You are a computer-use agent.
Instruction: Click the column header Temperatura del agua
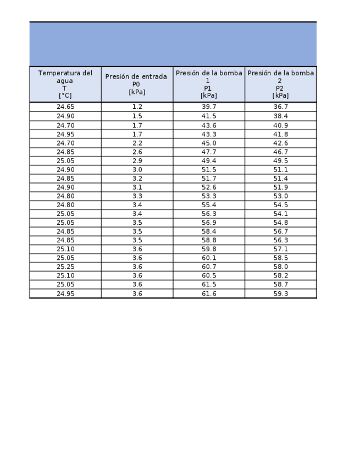coord(65,76)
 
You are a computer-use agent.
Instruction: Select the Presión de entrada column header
coord(136,76)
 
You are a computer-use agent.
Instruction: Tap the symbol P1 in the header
coord(208,88)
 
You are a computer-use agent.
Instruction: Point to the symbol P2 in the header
coord(280,88)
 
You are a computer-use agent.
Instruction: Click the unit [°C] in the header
coord(65,96)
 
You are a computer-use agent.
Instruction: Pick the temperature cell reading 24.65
coord(65,107)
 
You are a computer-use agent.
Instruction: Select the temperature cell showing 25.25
coord(65,267)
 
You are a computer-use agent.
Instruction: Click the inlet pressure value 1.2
coord(137,107)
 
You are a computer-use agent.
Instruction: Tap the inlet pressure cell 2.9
coord(137,161)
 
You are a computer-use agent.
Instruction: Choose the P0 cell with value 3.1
coord(137,187)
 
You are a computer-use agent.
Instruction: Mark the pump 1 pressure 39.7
coord(209,107)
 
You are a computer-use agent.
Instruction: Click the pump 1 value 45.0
coord(209,143)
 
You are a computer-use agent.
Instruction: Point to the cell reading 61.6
coord(209,294)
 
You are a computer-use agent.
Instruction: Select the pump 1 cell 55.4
coord(209,205)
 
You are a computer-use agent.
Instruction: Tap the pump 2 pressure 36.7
coord(281,107)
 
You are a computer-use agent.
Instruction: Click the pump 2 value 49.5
coord(281,161)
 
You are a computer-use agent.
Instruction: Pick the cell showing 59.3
coord(281,294)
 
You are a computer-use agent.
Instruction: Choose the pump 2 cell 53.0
coord(281,196)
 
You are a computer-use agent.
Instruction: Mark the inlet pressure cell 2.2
coord(137,143)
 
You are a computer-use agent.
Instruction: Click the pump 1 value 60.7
coord(209,267)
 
